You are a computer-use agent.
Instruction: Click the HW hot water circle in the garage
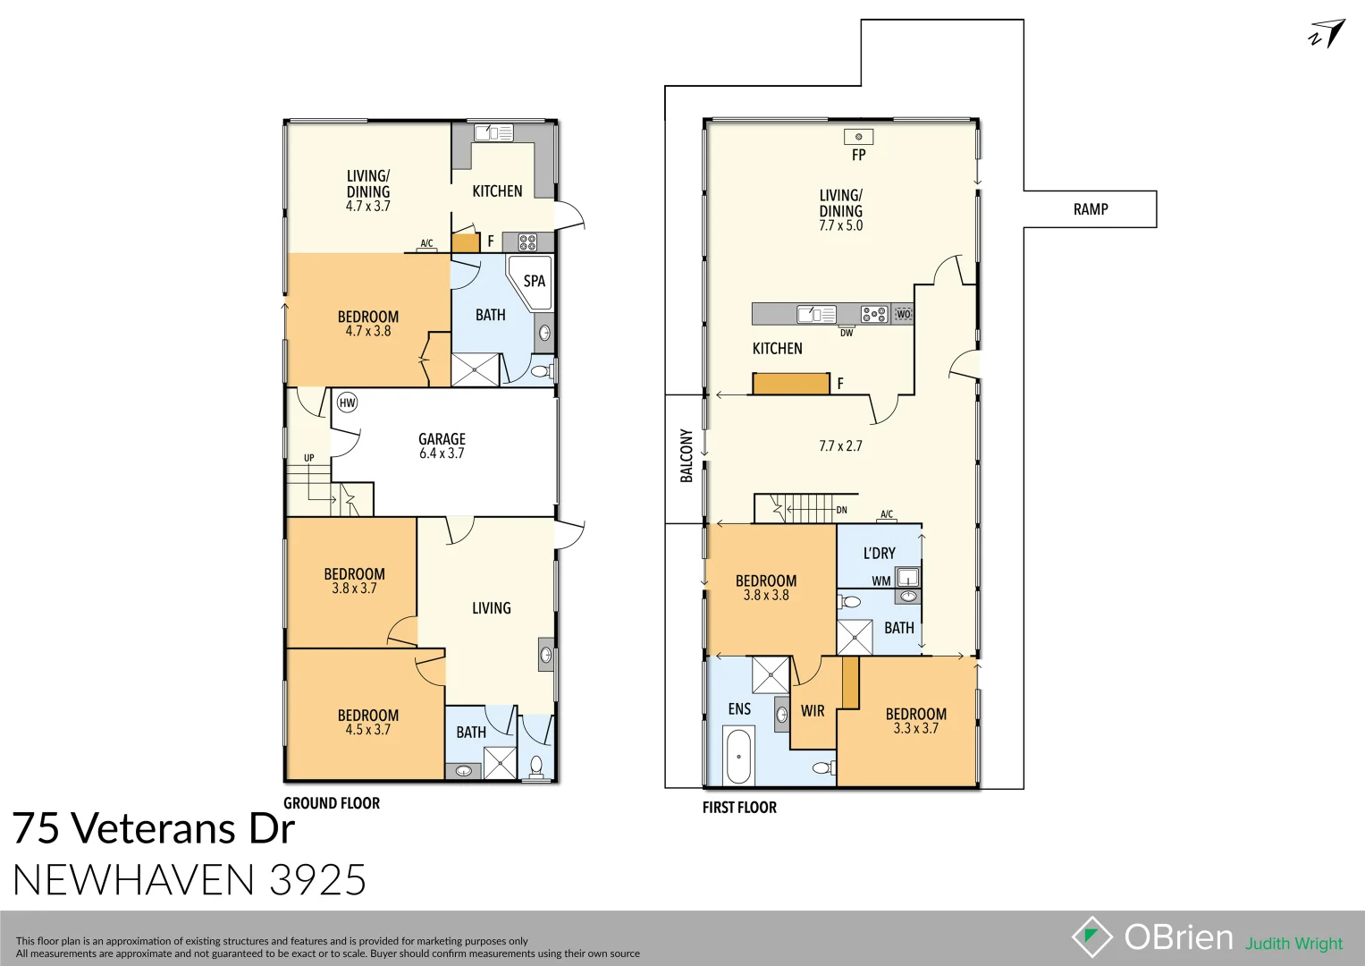click(347, 402)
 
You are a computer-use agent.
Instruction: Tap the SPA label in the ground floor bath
click(534, 281)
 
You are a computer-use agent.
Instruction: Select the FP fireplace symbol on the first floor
click(858, 137)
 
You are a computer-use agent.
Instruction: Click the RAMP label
click(1090, 209)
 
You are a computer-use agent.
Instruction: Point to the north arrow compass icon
click(1327, 34)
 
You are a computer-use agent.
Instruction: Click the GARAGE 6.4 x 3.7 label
click(442, 445)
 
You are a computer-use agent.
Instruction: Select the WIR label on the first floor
click(813, 711)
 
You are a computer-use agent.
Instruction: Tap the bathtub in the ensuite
click(738, 756)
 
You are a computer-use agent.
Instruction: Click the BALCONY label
click(687, 456)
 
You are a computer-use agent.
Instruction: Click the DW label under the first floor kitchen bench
click(846, 333)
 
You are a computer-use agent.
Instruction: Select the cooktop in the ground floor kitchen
click(527, 241)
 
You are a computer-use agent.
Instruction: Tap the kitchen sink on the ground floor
click(493, 133)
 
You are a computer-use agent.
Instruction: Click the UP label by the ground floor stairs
click(308, 458)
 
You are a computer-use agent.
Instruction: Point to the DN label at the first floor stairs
click(841, 510)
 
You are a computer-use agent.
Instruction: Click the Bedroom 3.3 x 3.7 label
click(915, 721)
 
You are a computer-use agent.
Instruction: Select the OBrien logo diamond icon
click(1091, 936)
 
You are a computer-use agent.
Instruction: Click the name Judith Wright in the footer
click(1293, 944)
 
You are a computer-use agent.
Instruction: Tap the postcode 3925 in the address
click(317, 880)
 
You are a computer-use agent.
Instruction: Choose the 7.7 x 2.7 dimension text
click(840, 445)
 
